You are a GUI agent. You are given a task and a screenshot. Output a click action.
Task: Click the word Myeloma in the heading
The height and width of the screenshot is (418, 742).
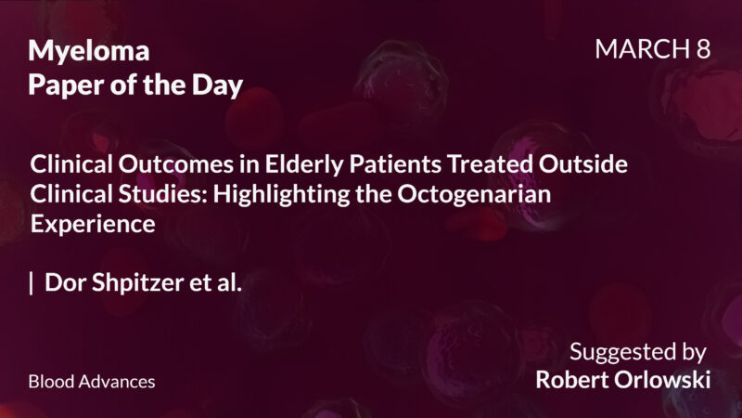88,51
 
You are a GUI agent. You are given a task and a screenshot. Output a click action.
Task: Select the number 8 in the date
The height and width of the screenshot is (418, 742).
702,50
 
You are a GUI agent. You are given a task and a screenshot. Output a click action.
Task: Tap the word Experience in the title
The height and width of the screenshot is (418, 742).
92,225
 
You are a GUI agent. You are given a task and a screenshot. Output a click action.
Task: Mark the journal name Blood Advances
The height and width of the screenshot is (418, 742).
92,382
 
